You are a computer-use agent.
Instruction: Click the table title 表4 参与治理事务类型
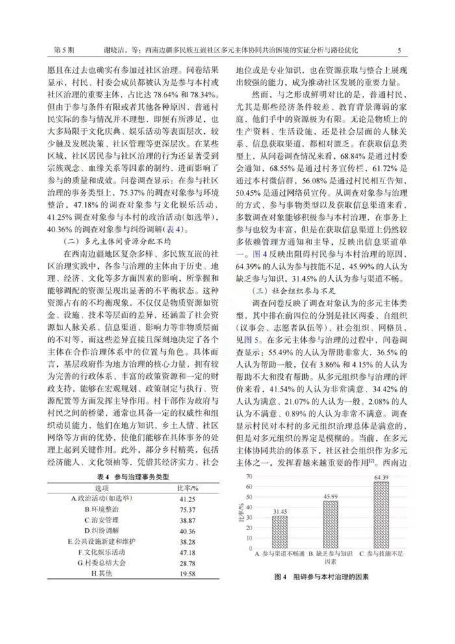coord(128,477)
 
